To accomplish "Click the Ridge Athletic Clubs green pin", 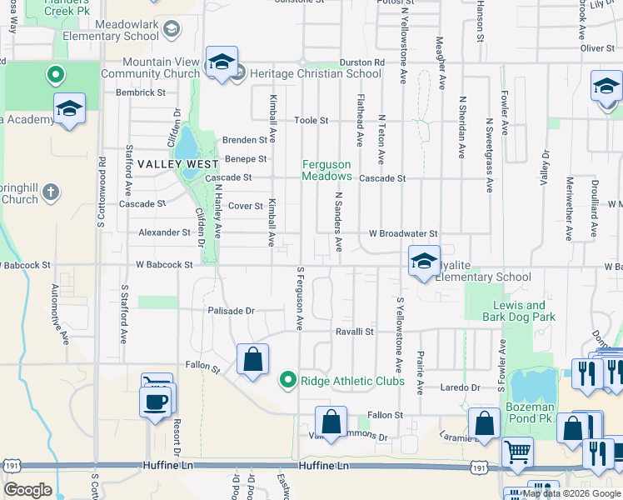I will tap(288, 381).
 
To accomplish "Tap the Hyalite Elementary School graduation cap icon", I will tap(424, 262).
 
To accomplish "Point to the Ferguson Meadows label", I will tap(326, 171).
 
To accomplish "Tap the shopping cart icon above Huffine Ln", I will tap(518, 452).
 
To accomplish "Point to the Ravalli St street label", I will tap(355, 331).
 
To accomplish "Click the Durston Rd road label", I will tap(362, 62).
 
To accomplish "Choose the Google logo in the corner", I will tap(27, 490).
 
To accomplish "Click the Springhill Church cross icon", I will tap(51, 192).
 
